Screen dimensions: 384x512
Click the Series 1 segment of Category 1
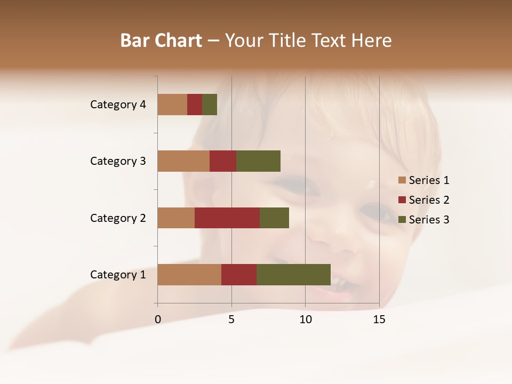189,275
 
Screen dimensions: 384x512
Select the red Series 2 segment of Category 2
227,218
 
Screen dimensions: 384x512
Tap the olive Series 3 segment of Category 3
258,161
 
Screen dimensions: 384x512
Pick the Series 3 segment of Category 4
210,105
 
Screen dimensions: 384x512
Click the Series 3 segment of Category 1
293,275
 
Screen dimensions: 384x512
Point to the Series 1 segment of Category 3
183,161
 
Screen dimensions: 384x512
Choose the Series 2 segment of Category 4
195,105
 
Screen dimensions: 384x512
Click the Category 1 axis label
118,275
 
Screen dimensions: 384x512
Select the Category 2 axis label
118,218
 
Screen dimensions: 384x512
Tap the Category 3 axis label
118,161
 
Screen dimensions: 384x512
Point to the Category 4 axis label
118,105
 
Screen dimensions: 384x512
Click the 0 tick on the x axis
158,319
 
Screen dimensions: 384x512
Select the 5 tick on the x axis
231,319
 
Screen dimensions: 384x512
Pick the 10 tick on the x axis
305,319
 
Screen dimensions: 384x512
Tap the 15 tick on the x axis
379,319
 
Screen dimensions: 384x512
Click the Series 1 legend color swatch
402,180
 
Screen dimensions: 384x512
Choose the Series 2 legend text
429,200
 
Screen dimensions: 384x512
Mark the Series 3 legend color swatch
402,220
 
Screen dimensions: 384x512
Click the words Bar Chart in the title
161,41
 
